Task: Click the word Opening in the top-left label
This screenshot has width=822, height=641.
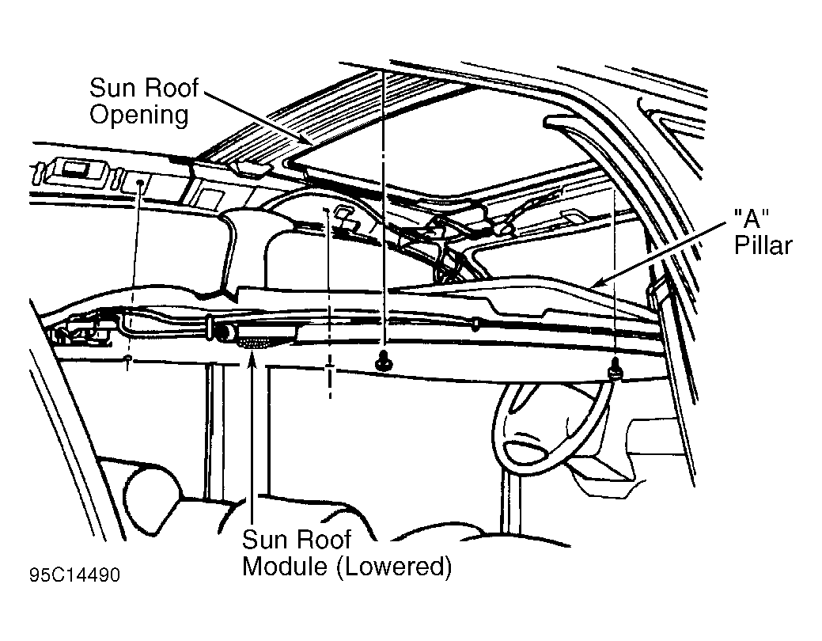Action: (x=139, y=115)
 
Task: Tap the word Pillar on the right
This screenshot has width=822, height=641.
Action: (x=763, y=245)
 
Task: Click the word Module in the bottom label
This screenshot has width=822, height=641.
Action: (x=285, y=567)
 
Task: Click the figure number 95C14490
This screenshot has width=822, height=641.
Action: (x=74, y=575)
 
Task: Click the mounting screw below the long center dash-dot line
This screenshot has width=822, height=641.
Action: (x=384, y=360)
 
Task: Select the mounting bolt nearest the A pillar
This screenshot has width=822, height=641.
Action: (x=615, y=370)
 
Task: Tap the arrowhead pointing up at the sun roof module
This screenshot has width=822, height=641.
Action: (x=252, y=359)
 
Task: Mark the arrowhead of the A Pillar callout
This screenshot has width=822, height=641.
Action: (x=597, y=283)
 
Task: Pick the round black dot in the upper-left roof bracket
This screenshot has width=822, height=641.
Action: (x=140, y=182)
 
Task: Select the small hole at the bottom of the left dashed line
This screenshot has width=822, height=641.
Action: (x=127, y=358)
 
